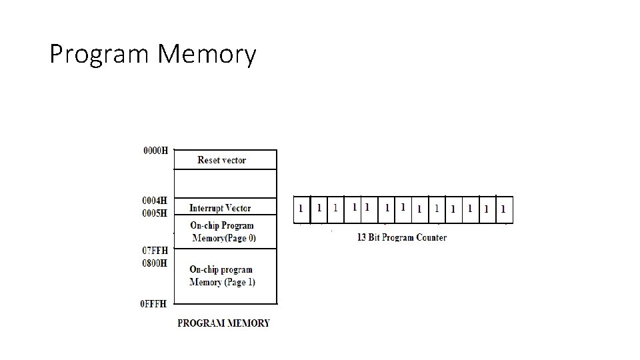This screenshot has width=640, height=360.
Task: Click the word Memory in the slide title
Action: [207, 55]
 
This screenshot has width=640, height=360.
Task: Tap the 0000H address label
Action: [156, 151]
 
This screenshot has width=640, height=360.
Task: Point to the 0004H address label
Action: [155, 200]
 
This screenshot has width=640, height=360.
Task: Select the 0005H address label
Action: [155, 213]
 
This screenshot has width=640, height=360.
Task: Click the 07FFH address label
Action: [155, 250]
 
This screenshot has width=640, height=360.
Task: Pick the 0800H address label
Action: [155, 263]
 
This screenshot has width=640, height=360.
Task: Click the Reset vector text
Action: [221, 160]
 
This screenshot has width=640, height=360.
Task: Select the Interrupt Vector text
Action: [220, 208]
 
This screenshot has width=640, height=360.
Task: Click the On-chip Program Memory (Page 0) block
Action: [223, 231]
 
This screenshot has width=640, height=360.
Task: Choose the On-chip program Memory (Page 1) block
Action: [222, 276]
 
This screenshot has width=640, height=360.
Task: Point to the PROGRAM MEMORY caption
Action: [223, 323]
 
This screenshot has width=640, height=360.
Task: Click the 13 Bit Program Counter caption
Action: [402, 237]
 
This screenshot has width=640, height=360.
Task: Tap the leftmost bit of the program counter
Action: [301, 209]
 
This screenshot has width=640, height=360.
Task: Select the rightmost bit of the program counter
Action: [503, 209]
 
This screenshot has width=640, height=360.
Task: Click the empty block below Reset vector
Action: [225, 183]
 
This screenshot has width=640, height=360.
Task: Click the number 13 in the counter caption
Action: [362, 237]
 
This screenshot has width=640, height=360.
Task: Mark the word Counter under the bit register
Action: [431, 237]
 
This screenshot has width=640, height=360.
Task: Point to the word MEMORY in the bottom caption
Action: [248, 323]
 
